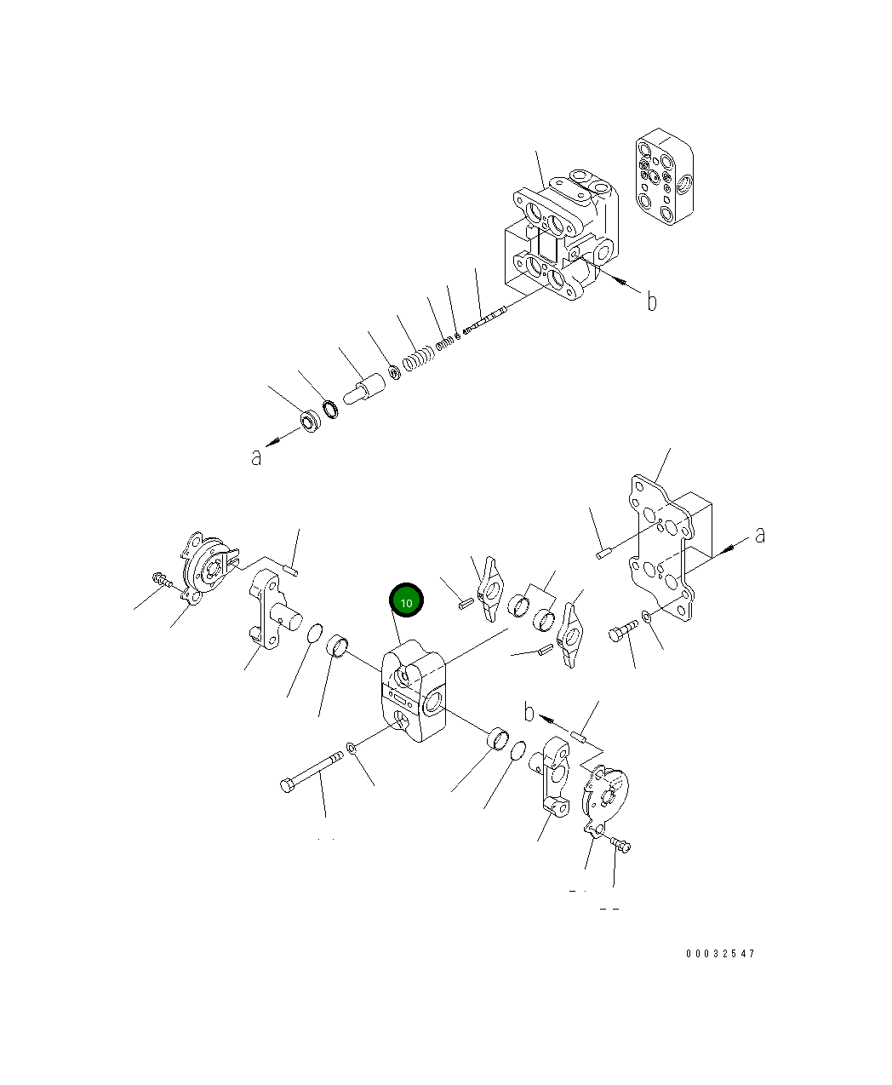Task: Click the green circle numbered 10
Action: (406, 600)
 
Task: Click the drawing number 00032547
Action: (720, 953)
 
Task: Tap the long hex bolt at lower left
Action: (312, 772)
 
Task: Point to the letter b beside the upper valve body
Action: (652, 301)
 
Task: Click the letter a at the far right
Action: (760, 536)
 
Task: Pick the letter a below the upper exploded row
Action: (256, 456)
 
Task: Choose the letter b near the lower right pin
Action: (529, 711)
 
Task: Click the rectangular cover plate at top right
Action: (664, 176)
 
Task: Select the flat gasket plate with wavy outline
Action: (661, 548)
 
